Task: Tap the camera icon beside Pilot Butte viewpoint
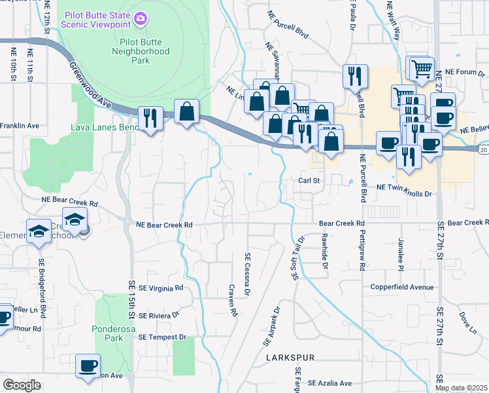[141, 15]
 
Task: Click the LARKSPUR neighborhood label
[291, 358]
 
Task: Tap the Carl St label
[308, 180]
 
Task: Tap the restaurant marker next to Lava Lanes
[152, 118]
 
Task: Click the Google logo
[22, 385]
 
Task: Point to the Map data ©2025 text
[461, 388]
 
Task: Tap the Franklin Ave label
[20, 125]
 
